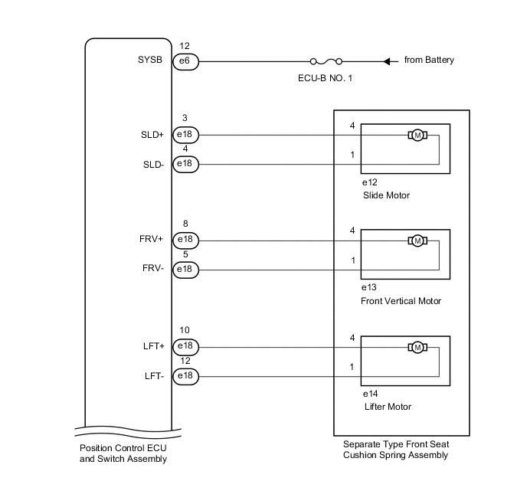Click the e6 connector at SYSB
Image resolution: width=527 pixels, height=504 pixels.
[185, 61]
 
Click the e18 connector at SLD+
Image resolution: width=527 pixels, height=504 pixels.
[185, 135]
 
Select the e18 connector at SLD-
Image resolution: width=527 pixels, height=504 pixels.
[185, 164]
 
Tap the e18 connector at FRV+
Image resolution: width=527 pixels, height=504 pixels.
[185, 241]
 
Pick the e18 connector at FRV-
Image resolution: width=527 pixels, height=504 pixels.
[185, 270]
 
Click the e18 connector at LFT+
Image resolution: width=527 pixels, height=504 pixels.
[185, 347]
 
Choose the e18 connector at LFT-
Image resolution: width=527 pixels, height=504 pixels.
[185, 376]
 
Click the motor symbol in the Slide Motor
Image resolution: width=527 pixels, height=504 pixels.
[417, 135]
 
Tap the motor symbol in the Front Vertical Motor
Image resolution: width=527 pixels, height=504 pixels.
[417, 241]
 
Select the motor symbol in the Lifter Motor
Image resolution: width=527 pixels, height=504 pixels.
[417, 347]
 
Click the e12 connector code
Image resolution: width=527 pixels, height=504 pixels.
[371, 182]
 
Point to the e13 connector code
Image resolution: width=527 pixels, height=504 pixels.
[371, 288]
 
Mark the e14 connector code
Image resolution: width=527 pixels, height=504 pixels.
[371, 394]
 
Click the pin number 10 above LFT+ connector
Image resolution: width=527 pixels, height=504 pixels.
[185, 330]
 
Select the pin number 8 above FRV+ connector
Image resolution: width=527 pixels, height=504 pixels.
[185, 224]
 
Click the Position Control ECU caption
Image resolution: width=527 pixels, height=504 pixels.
[123, 453]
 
